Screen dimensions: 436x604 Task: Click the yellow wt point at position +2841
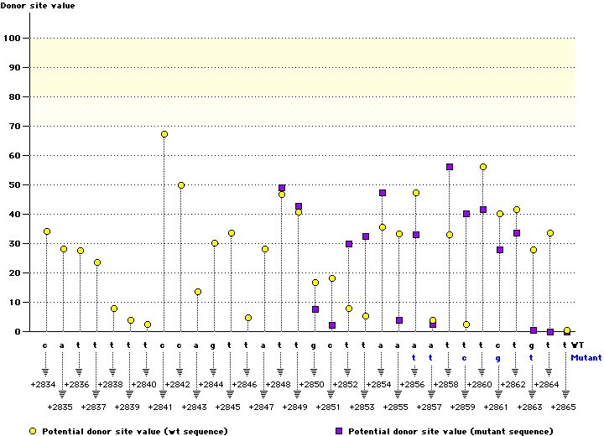(164, 134)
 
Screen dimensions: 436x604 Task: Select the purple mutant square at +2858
(450, 167)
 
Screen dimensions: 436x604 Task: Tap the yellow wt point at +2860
(483, 167)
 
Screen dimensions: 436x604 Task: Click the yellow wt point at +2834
(47, 231)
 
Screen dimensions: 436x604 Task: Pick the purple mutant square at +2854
(383, 193)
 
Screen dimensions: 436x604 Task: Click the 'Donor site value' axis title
(37, 6)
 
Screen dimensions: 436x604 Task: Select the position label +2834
(43, 384)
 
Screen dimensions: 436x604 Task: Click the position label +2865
(563, 407)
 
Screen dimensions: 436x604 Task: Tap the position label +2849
(294, 407)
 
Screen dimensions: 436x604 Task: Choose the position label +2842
(177, 384)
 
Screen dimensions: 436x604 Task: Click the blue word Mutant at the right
(586, 357)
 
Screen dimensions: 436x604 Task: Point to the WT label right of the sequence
(578, 345)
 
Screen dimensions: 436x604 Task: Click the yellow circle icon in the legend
(33, 431)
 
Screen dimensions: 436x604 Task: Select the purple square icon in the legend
(340, 431)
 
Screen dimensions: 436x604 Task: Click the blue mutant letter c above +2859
(464, 357)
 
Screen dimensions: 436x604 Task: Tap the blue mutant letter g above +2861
(497, 357)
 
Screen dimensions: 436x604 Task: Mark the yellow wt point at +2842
(181, 185)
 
